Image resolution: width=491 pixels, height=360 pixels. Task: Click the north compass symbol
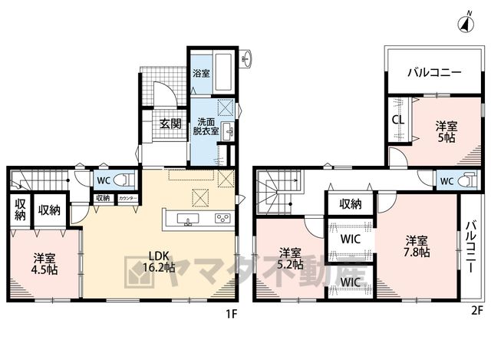(466, 22)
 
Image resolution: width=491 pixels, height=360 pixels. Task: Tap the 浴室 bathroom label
(201, 74)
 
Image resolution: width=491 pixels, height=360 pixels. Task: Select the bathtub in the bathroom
(223, 74)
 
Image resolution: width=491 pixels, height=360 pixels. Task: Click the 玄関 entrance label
(170, 124)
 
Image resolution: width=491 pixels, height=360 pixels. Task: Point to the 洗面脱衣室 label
(206, 126)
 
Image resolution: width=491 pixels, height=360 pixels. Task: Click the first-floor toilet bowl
(124, 181)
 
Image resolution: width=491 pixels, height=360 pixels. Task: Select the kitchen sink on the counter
(187, 219)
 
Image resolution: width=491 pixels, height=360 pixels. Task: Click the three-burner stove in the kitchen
(222, 219)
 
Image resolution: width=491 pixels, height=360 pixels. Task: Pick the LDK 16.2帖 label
(159, 261)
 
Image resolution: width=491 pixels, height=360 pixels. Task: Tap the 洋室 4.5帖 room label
(44, 265)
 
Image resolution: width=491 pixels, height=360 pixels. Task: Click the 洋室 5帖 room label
(447, 132)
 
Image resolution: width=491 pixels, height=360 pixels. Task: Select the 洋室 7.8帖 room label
(417, 246)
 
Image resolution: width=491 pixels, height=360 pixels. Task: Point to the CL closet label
(398, 120)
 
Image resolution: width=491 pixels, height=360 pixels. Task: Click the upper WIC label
(351, 239)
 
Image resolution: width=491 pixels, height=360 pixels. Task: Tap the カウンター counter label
(127, 199)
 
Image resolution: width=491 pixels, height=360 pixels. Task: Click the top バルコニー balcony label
(434, 73)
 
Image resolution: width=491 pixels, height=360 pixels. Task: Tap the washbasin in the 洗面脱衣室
(226, 131)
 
